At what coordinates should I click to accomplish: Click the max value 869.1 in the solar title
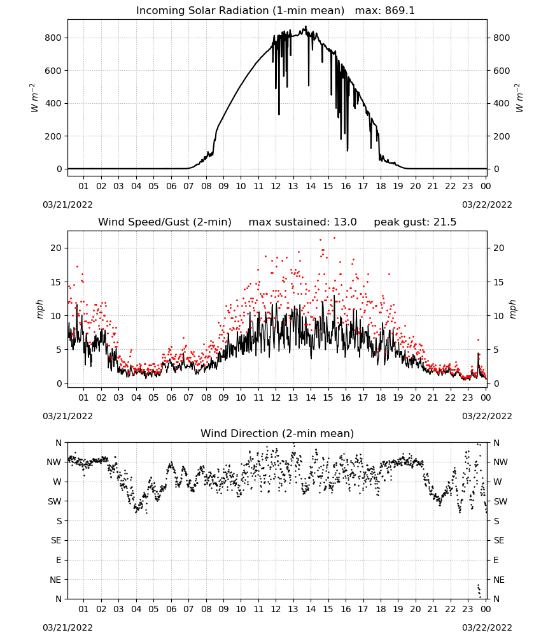tap(400, 11)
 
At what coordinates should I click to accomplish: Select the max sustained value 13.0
tap(345, 222)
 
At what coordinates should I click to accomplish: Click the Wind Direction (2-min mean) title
tap(278, 433)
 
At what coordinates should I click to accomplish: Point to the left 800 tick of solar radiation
tap(53, 38)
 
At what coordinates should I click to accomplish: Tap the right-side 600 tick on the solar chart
tap(502, 71)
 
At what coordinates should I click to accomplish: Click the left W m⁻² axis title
tap(34, 98)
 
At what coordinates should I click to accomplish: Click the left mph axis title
tap(39, 309)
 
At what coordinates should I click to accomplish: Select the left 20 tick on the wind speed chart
tap(56, 248)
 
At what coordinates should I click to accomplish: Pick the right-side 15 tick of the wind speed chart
tap(498, 282)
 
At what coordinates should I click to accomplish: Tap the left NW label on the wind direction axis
tap(54, 462)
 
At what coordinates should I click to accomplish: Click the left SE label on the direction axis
tap(56, 540)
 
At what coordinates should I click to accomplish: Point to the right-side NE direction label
tap(499, 580)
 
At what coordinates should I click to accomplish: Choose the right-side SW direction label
tap(500, 501)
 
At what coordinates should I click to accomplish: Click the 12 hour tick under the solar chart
tap(276, 186)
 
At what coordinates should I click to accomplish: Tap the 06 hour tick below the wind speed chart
tap(171, 397)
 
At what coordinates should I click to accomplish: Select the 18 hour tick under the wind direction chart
tap(381, 609)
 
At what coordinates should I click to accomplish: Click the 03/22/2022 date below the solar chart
tap(487, 204)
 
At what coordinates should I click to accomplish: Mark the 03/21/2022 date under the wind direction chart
tap(67, 627)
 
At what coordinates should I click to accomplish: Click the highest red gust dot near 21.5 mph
tap(334, 238)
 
